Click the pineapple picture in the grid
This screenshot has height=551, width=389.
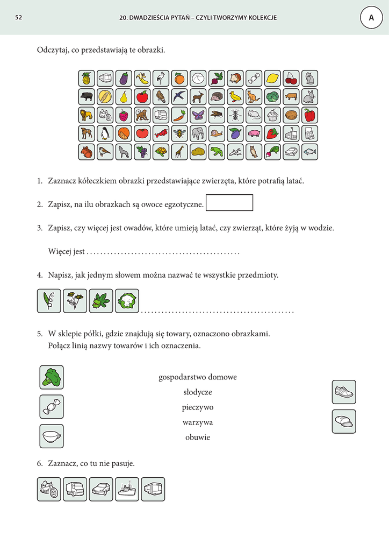(x=86, y=79)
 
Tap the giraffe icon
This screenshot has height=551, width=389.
(x=179, y=152)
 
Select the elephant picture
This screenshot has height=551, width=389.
(x=197, y=133)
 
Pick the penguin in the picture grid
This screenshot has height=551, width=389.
(x=105, y=133)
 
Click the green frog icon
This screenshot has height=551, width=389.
(x=216, y=152)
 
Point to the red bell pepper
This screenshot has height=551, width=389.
(x=309, y=115)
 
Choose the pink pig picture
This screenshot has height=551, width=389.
(x=254, y=133)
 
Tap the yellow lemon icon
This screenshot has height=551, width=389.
(x=272, y=79)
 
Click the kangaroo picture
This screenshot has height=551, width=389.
(x=254, y=97)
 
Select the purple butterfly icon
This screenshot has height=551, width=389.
(x=197, y=115)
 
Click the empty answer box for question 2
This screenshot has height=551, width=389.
(x=229, y=203)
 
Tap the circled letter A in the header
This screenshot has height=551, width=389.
(x=371, y=18)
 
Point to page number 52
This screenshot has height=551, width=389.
(x=18, y=18)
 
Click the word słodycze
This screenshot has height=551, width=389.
(x=198, y=392)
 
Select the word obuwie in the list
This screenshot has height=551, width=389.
(x=198, y=437)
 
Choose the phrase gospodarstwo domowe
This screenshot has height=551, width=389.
(x=198, y=377)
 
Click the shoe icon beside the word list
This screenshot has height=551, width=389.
(x=344, y=392)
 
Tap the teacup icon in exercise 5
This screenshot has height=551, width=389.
(x=52, y=436)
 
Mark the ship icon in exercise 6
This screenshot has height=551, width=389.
(x=127, y=489)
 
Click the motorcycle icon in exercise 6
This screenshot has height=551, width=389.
(x=49, y=489)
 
